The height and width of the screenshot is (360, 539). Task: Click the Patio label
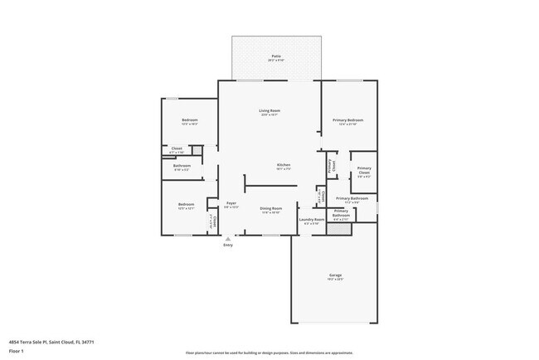[x=275, y=56]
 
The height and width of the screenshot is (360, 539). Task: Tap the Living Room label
[x=269, y=110]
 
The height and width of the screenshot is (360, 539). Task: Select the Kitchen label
[x=283, y=165]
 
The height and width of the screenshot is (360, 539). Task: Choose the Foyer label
[x=232, y=204]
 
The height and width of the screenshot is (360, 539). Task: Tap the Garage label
[x=336, y=275]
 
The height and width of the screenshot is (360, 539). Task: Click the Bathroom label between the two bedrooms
[x=182, y=165]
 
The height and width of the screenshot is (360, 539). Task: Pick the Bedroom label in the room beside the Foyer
[x=187, y=204]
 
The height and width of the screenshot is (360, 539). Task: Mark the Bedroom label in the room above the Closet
[x=189, y=120]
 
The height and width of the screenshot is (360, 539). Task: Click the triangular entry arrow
[x=228, y=238]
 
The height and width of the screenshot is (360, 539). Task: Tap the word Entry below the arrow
[x=228, y=245]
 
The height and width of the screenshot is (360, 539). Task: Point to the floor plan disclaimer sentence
[x=269, y=352]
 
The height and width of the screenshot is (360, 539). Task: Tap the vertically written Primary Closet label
[x=331, y=165]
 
